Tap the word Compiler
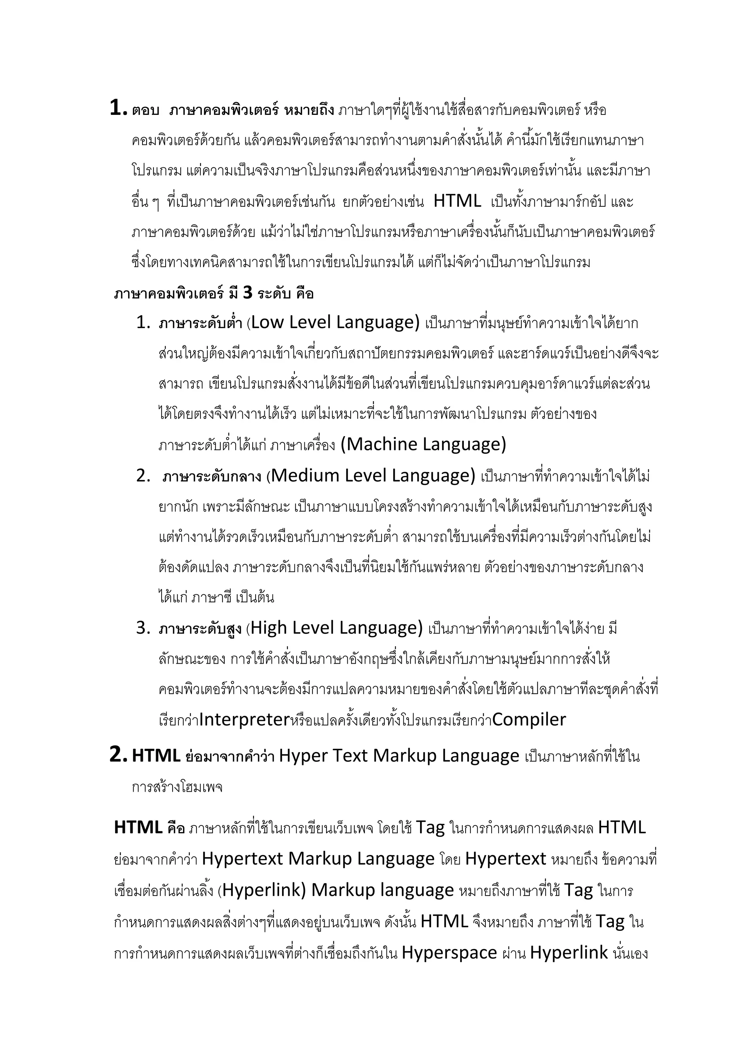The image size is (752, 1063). click(x=529, y=719)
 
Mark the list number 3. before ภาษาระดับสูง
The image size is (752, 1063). click(x=144, y=628)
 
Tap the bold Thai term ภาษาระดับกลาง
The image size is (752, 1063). click(x=212, y=476)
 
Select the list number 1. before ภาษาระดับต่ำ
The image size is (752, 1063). click(x=144, y=323)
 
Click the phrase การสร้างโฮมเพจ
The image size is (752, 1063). click(x=177, y=787)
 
